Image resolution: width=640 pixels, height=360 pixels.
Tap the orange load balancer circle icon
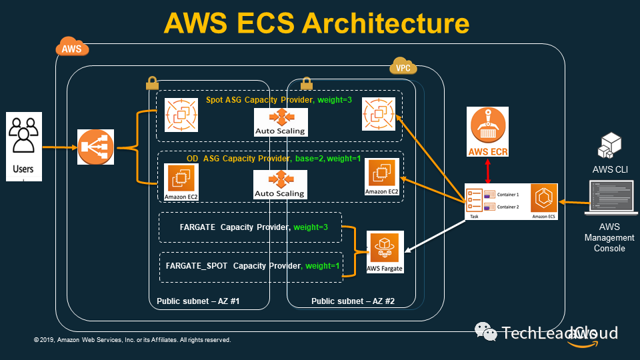pos(96,148)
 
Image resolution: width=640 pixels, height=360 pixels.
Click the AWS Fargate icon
pos(385,253)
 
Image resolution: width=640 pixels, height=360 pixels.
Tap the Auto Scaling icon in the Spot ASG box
pos(280,120)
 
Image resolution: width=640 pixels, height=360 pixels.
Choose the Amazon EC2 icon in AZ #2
pos(382,177)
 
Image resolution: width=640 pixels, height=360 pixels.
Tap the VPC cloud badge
pos(403,68)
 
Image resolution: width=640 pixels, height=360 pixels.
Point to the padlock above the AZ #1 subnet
pos(151,83)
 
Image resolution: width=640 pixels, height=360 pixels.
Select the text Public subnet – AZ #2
pos(353,301)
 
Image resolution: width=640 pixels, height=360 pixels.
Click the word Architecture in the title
pos(385,23)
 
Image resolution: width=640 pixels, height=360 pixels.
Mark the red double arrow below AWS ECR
pos(489,170)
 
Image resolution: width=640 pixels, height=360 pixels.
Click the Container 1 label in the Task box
pos(508,195)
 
